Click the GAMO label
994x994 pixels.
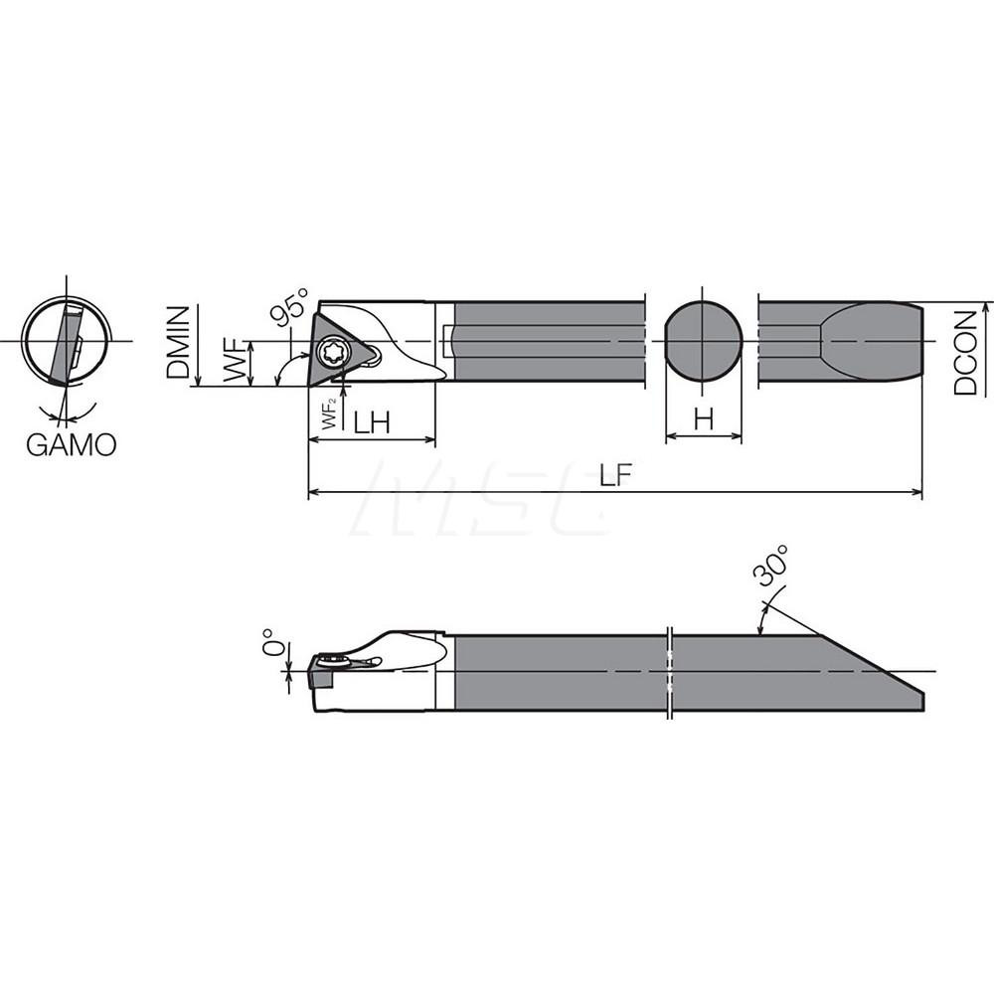tap(71, 443)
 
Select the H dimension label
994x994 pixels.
tap(704, 420)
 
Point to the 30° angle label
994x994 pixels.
tap(772, 568)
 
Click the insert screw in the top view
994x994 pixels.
tap(329, 351)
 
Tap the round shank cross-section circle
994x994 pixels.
tap(703, 341)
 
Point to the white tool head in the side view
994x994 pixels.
tap(398, 671)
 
